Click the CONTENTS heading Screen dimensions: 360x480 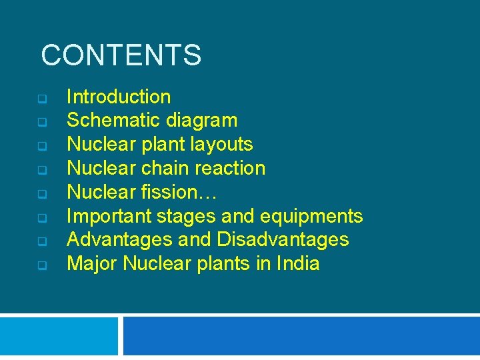pyautogui.click(x=121, y=55)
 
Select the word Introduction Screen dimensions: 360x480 pyautogui.click(x=119, y=97)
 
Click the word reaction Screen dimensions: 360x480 pyautogui.click(x=233, y=168)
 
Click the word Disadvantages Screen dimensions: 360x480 pyautogui.click(x=282, y=239)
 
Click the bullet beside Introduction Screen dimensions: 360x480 pyautogui.click(x=41, y=99)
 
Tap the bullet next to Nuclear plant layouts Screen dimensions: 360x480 pyautogui.click(x=41, y=146)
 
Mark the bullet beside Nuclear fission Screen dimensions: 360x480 pyautogui.click(x=41, y=194)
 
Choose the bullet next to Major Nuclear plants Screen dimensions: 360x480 pyautogui.click(x=41, y=265)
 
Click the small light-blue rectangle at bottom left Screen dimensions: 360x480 pyautogui.click(x=59, y=337)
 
